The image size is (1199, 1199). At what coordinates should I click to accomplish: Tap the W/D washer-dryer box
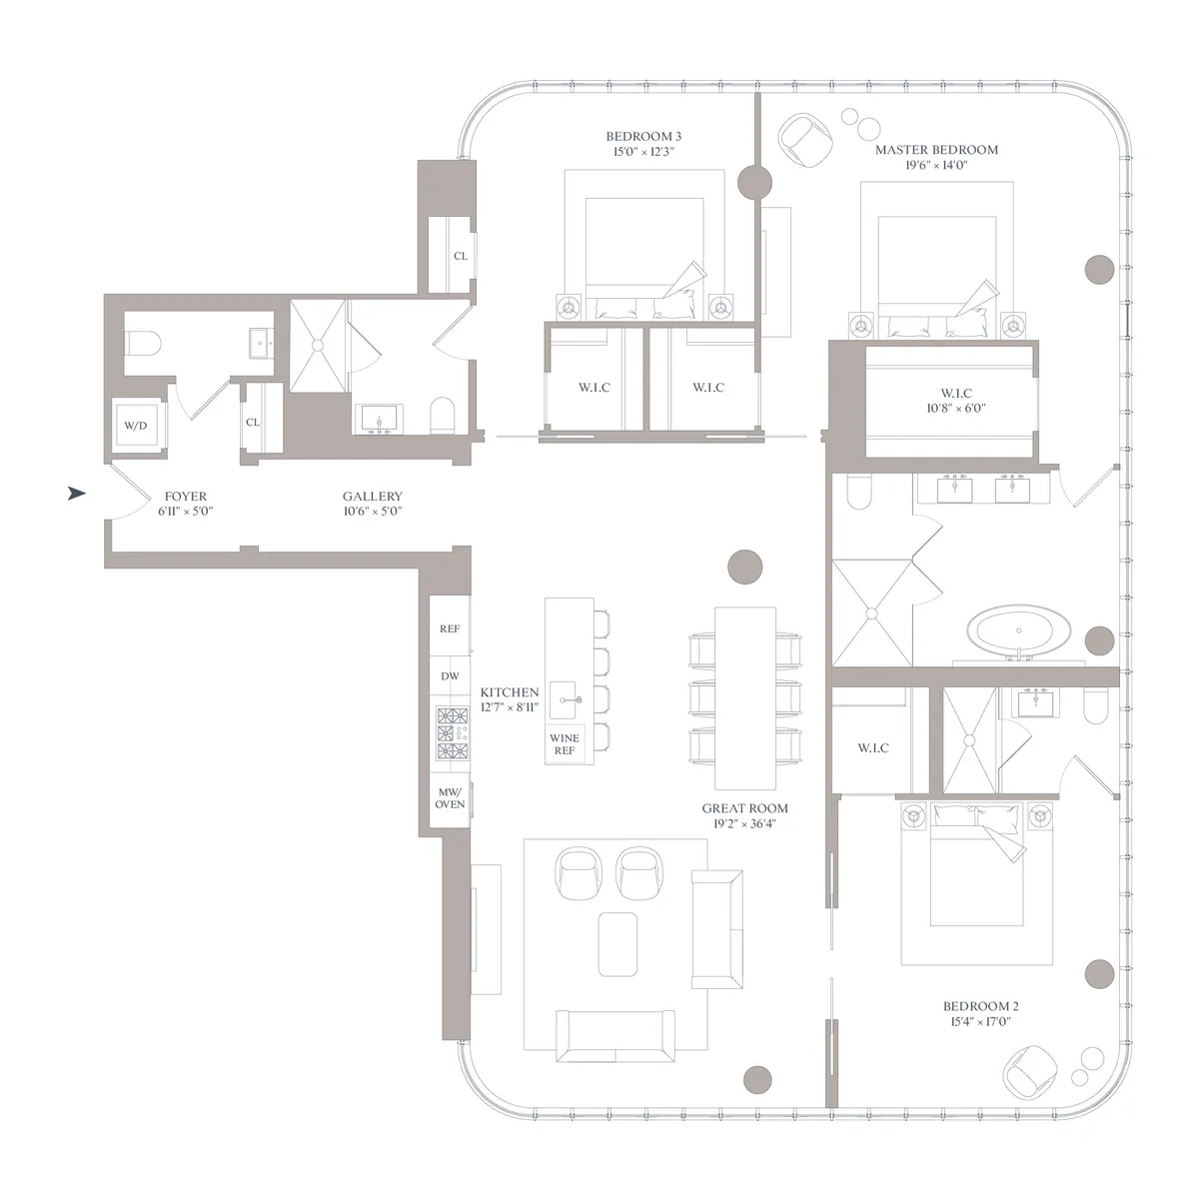(135, 426)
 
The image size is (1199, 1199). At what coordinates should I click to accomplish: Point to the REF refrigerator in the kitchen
(450, 629)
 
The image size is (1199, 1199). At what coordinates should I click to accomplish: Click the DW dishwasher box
(450, 676)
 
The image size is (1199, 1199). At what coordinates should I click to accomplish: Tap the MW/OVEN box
(450, 798)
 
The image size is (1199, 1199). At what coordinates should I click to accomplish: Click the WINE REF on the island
(565, 744)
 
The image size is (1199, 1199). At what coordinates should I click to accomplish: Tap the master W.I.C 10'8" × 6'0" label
(956, 401)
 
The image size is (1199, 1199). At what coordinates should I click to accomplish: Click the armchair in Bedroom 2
(1030, 1070)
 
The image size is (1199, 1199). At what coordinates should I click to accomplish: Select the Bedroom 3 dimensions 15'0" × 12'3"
(644, 153)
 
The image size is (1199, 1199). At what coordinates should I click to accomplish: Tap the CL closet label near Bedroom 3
(460, 256)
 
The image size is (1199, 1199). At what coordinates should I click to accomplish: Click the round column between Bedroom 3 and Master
(754, 182)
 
